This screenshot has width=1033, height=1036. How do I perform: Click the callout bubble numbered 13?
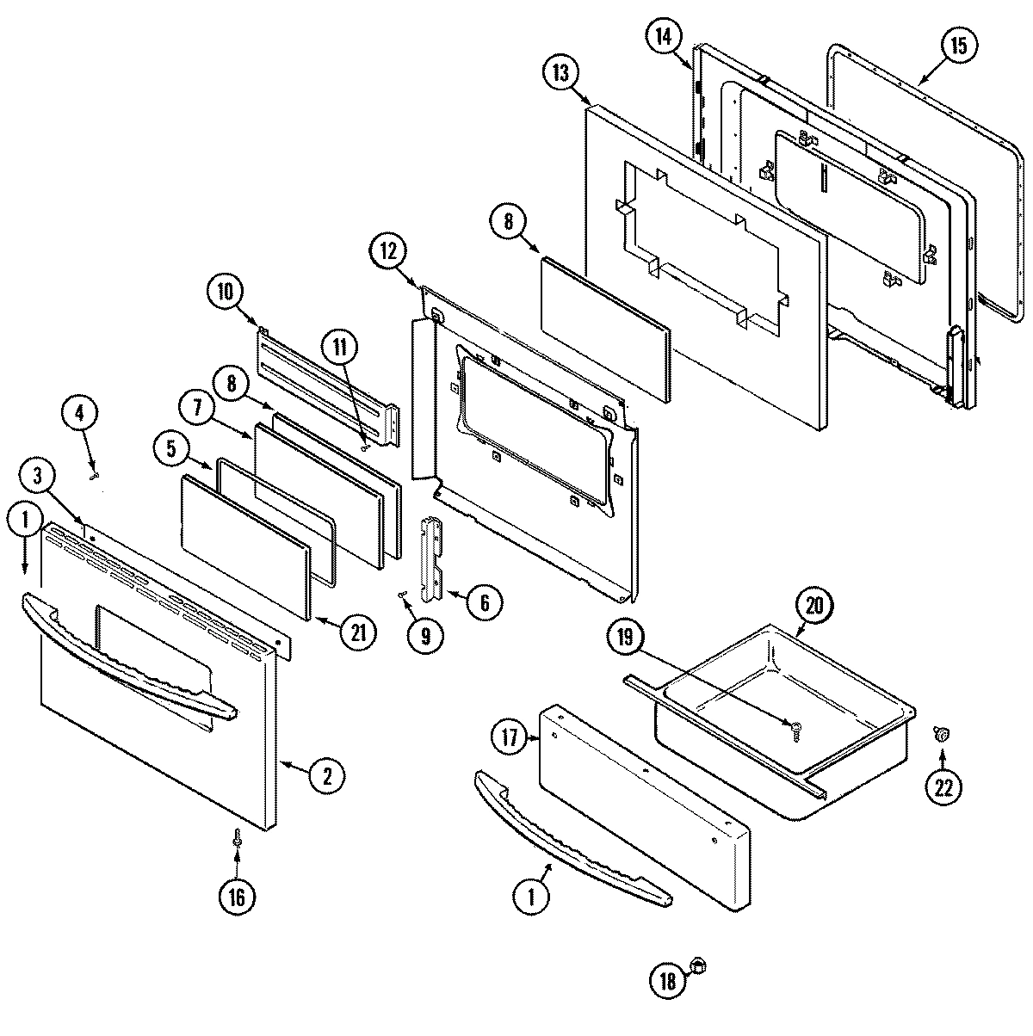pyautogui.click(x=561, y=74)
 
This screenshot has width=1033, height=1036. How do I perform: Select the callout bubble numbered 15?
pyautogui.click(x=959, y=47)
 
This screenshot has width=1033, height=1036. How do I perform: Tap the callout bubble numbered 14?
pyautogui.click(x=662, y=36)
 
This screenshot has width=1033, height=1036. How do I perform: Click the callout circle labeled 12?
pyautogui.click(x=388, y=251)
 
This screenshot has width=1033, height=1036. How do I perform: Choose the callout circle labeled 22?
pyautogui.click(x=943, y=787)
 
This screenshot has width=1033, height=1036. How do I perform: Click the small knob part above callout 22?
pyautogui.click(x=942, y=734)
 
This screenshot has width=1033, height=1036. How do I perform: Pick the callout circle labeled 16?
pyautogui.click(x=236, y=897)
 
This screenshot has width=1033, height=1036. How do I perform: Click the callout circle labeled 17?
pyautogui.click(x=510, y=737)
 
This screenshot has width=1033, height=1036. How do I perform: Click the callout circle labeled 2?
pyautogui.click(x=326, y=776)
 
